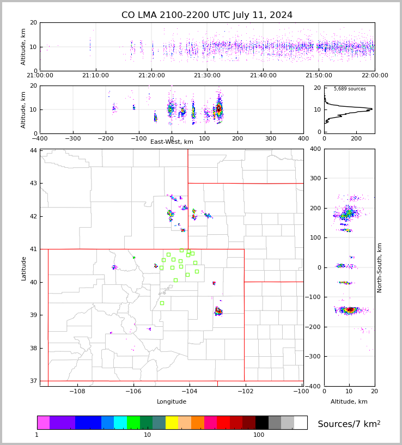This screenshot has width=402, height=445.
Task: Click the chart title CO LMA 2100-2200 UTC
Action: click(x=207, y=15)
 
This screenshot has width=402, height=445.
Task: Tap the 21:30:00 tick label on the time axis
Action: click(x=207, y=76)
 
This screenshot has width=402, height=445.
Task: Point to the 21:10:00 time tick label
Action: click(x=96, y=76)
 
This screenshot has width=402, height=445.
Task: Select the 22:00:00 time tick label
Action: click(x=375, y=76)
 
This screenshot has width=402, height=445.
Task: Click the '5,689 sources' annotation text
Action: click(x=350, y=89)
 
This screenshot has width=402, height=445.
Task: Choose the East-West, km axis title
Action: click(x=172, y=142)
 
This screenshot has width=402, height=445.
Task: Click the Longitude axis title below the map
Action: click(x=172, y=402)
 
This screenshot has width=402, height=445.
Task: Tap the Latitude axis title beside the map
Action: click(x=24, y=269)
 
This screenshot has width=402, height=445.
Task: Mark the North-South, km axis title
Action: click(x=380, y=268)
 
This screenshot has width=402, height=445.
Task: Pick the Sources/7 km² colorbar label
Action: click(x=349, y=424)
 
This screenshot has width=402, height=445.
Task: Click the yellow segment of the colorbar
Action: click(x=172, y=423)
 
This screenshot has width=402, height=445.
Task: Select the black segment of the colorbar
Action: click(x=262, y=423)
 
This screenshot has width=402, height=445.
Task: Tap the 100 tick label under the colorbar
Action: click(x=259, y=435)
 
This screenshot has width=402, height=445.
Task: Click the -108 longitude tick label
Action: click(x=77, y=392)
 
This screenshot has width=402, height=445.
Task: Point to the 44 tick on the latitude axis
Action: click(x=34, y=150)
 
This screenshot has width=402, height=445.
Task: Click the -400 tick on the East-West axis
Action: click(x=40, y=138)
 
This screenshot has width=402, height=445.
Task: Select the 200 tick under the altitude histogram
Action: click(x=356, y=138)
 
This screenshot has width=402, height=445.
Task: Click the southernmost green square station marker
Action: click(x=162, y=303)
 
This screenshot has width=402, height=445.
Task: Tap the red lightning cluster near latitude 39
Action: click(x=218, y=311)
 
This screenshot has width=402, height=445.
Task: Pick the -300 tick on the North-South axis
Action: click(x=315, y=357)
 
